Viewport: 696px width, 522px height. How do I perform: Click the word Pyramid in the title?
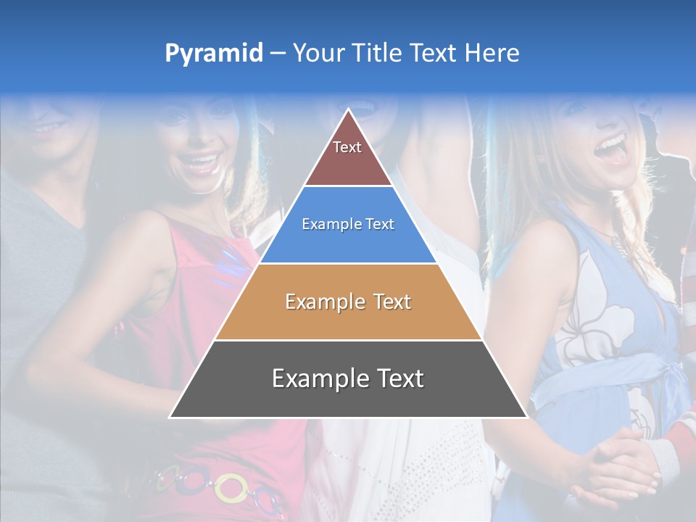(214, 53)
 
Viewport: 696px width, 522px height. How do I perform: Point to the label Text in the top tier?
(347, 147)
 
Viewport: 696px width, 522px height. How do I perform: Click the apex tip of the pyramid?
(349, 109)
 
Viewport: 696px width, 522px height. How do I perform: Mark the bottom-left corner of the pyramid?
(170, 417)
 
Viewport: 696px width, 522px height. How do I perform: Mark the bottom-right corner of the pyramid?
(526, 417)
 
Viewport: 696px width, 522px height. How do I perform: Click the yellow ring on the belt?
(231, 487)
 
